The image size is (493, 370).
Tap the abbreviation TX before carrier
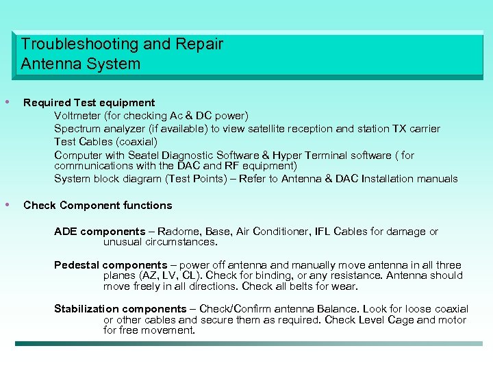click(399, 129)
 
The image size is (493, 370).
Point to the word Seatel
click(142, 156)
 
